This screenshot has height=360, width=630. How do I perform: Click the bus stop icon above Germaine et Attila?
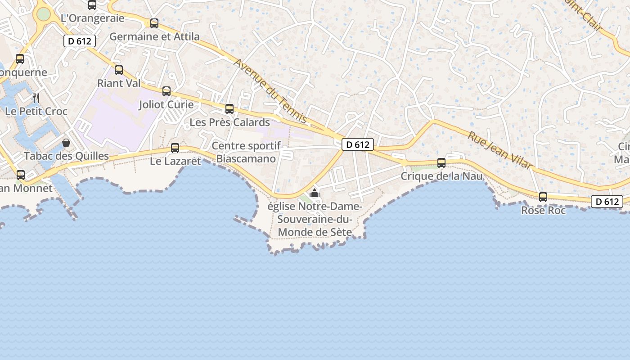coord(154,23)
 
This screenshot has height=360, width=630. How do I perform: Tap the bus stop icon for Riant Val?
coord(119,70)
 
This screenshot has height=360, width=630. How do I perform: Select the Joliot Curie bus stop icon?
coord(166,91)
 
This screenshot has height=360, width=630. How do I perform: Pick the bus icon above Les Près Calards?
coord(229,109)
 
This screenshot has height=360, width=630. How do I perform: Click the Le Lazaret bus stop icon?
coord(175,148)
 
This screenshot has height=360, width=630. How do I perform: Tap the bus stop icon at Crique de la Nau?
coord(441,163)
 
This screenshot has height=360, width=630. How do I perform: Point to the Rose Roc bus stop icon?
coord(543,197)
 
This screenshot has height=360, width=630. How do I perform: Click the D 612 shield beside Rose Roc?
coord(607,202)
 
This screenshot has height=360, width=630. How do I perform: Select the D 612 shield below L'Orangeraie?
coord(80,41)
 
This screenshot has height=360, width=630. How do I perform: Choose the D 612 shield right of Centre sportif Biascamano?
coord(358,144)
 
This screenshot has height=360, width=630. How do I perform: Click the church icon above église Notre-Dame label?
coord(315,194)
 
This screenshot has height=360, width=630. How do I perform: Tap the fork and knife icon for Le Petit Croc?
coord(36,98)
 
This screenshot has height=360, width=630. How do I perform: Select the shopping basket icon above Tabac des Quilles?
coord(66,143)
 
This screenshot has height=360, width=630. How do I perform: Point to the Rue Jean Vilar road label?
coord(500,150)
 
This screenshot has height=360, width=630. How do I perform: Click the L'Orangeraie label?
coord(92,18)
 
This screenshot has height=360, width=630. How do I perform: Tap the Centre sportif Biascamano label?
coord(246,152)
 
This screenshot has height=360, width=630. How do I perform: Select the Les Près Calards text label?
coord(229,122)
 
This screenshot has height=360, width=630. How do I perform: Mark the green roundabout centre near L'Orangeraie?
coord(43,14)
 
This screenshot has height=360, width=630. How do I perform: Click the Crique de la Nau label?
coord(441,176)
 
